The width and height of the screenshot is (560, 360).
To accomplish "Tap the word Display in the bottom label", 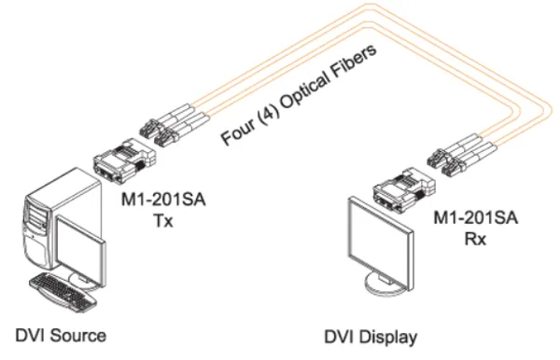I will point(385,335).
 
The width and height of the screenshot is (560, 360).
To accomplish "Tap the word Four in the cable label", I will point(237,135).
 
